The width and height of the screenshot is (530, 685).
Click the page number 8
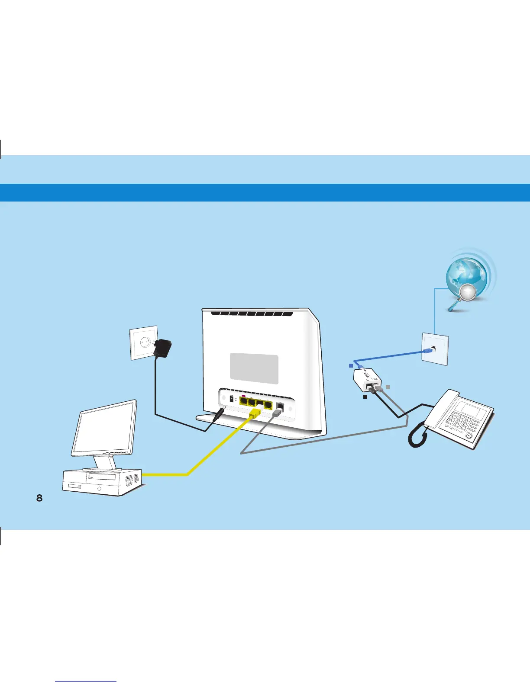click(39, 498)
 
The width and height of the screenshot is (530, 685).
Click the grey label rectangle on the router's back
click(254, 369)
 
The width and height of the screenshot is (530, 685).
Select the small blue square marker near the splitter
click(351, 366)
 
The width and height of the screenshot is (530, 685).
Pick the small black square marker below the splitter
click(365, 396)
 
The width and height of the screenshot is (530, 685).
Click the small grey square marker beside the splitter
click(388, 387)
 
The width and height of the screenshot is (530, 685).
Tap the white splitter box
click(367, 380)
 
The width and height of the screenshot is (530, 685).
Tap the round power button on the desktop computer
click(100, 489)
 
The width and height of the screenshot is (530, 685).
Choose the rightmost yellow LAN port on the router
click(268, 405)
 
